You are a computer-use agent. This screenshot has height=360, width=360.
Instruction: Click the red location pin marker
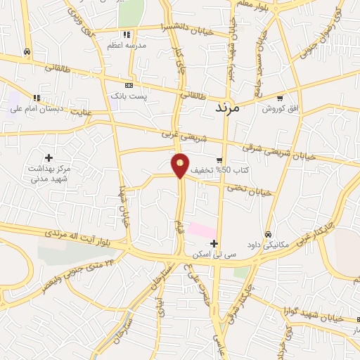point(181,165)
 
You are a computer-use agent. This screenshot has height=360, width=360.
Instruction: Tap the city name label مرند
point(225,108)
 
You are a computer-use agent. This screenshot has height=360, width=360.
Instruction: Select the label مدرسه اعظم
point(126,45)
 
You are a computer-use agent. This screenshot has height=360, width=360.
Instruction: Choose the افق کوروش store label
point(281,109)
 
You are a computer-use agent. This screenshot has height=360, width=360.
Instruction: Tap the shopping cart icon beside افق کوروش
point(281,98)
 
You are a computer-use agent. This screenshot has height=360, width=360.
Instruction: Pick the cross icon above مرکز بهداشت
point(49,157)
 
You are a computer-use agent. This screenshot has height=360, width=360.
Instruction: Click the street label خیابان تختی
point(249,188)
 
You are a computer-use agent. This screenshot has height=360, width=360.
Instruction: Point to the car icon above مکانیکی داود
point(268,234)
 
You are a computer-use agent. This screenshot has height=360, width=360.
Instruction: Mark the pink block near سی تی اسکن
point(202,230)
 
